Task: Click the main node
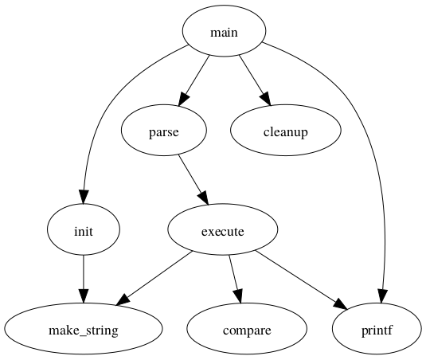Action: click(x=224, y=31)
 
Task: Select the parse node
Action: click(x=164, y=131)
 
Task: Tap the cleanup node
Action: click(x=286, y=131)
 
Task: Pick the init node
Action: click(x=84, y=230)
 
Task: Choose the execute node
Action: click(x=223, y=230)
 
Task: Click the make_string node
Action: click(x=84, y=329)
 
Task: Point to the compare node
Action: click(x=247, y=329)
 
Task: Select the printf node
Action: click(x=377, y=329)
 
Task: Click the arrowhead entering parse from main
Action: click(x=183, y=99)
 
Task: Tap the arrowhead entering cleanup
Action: click(x=266, y=99)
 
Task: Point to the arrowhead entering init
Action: click(x=84, y=197)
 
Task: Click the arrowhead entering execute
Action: click(x=204, y=198)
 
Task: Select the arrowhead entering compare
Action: click(x=238, y=296)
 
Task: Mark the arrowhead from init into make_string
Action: click(x=84, y=296)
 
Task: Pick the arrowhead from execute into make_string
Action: click(x=123, y=300)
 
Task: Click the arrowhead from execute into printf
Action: click(x=341, y=304)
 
